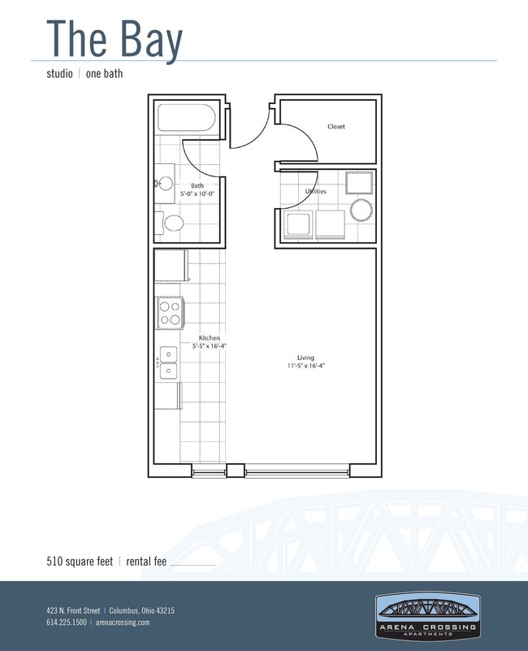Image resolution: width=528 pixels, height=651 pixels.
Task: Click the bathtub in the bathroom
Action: (x=186, y=118)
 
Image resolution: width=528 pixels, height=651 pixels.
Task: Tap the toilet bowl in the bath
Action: (x=174, y=224)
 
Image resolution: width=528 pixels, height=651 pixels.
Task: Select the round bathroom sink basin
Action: (x=166, y=183)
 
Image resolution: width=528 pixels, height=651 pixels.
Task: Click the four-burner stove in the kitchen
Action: (x=171, y=313)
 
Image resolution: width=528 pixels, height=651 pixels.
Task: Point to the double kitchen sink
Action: (x=168, y=362)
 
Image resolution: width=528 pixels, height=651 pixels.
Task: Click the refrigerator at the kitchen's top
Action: (x=171, y=265)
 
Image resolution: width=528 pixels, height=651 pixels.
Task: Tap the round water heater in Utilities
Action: (x=361, y=210)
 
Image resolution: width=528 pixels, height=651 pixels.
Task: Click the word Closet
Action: (x=335, y=127)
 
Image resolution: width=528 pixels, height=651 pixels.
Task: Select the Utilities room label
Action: (x=316, y=191)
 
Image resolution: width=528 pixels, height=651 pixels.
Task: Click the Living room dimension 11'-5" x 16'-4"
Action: (x=305, y=366)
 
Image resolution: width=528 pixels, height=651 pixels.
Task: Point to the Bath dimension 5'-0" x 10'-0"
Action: (x=197, y=194)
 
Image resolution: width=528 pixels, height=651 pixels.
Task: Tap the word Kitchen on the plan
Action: (x=210, y=338)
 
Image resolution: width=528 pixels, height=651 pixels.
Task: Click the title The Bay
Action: (x=115, y=40)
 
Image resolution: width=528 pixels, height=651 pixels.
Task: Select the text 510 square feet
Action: (x=80, y=562)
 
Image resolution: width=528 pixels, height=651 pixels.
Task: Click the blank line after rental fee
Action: (x=193, y=565)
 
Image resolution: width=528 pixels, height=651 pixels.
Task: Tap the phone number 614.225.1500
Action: (x=67, y=622)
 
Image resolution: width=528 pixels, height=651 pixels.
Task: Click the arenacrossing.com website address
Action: (x=123, y=623)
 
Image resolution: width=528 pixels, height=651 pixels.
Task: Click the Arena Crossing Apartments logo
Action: (x=428, y=616)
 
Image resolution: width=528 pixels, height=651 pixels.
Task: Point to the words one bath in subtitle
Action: (x=104, y=74)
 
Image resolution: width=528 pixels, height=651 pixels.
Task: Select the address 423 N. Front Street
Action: (x=73, y=610)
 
